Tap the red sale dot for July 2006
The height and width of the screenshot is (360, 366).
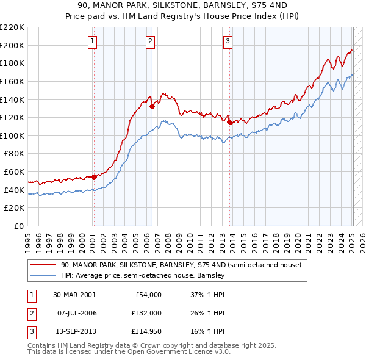coord(151,106)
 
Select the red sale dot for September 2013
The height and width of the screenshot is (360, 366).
coord(229,122)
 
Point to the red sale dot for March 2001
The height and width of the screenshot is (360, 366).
coord(94,177)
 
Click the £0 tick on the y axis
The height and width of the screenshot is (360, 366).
coord(18,226)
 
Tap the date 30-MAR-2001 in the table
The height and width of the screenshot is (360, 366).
coord(74,295)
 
